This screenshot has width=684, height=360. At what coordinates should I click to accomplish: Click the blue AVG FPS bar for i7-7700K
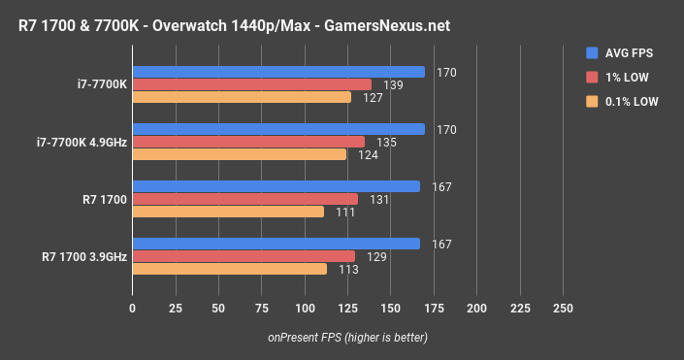coord(278,72)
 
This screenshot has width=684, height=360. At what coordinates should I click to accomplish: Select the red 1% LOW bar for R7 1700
coord(245,199)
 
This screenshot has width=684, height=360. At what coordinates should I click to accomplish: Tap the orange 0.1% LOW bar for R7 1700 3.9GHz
coord(230,269)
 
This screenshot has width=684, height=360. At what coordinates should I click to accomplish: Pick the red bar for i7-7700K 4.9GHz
coord(248,142)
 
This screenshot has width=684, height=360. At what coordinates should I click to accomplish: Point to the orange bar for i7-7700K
coord(242,97)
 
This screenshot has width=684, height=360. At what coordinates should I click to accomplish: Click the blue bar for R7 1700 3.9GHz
coord(277,244)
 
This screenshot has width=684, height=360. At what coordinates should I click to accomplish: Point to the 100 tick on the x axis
coord(305,308)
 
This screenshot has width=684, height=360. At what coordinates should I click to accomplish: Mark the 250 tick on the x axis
coord(563,308)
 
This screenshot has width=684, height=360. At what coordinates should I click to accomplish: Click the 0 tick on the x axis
coord(133,308)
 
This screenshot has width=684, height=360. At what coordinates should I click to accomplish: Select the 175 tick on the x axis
coord(434,308)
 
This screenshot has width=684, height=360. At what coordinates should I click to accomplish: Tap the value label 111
coord(345,212)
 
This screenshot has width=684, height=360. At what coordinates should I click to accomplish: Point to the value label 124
coord(368,154)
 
